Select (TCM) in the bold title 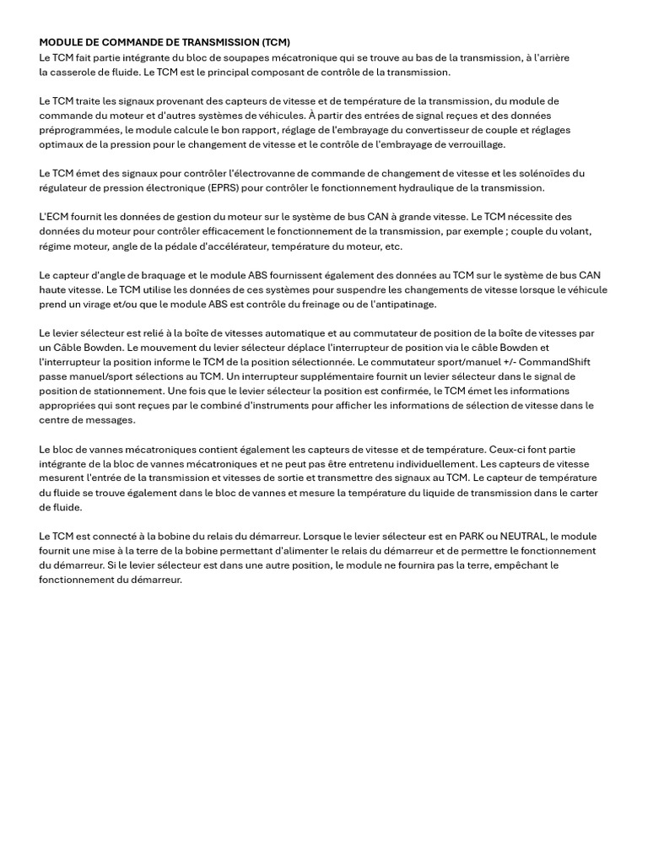point(276,42)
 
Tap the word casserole point(77,72)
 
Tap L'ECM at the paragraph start point(54,217)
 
